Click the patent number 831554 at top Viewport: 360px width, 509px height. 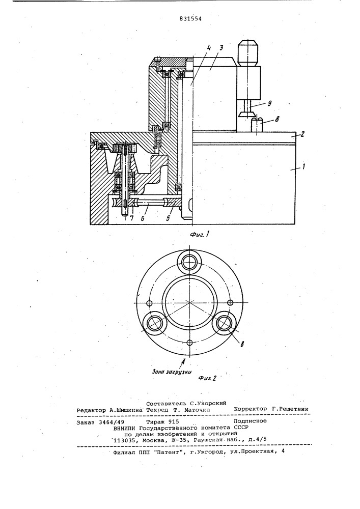coord(190,19)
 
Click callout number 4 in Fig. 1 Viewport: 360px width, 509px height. coord(209,48)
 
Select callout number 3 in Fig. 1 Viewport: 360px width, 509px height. coord(220,48)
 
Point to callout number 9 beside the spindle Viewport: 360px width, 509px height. coord(268,103)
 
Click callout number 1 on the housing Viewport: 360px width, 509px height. coord(303,168)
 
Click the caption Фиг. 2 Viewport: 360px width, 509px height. coord(206,378)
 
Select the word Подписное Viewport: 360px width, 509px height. coord(250,421)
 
